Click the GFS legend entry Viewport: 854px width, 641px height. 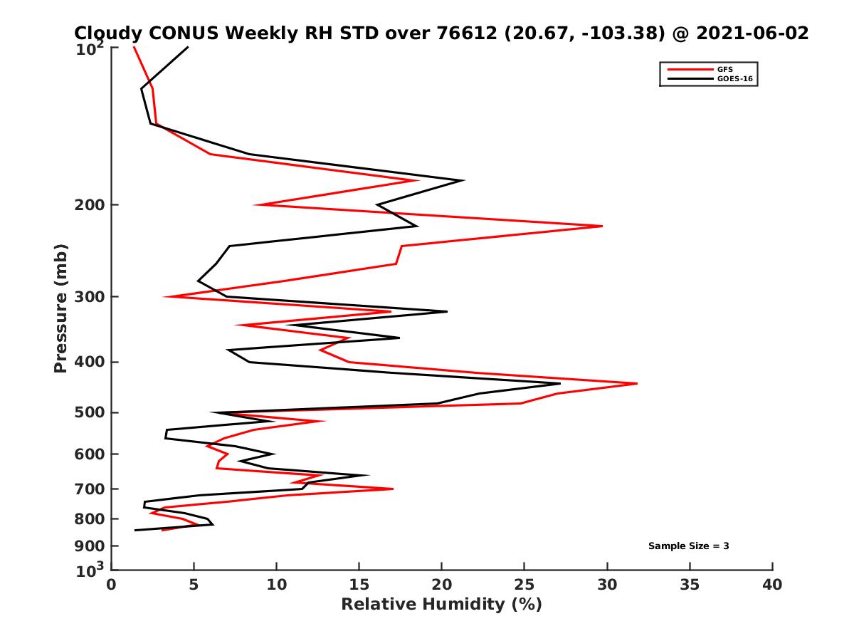coord(727,69)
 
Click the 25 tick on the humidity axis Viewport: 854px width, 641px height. coord(524,585)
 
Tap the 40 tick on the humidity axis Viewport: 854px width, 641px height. coord(772,585)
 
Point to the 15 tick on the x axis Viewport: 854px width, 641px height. coord(359,585)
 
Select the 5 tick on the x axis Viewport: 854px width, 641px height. coord(194,585)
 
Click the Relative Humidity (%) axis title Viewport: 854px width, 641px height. coord(441,605)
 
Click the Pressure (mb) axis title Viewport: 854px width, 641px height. coord(60,308)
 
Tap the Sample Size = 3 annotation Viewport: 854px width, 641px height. coord(688,546)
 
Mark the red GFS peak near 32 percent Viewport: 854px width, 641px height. coord(637,384)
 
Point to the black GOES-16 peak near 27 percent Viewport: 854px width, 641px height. coord(560,384)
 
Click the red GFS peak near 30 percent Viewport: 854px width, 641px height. coord(602,226)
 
